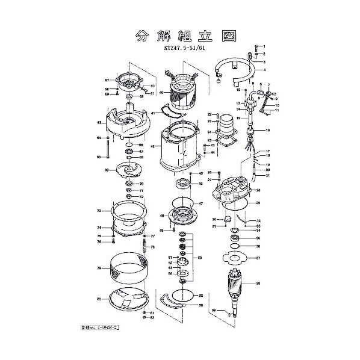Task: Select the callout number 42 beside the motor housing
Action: pos(153,146)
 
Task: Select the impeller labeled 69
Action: pos(128,171)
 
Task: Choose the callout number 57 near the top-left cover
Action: pos(107,80)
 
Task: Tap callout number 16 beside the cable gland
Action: pos(268,130)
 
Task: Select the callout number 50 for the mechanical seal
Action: pos(200,258)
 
